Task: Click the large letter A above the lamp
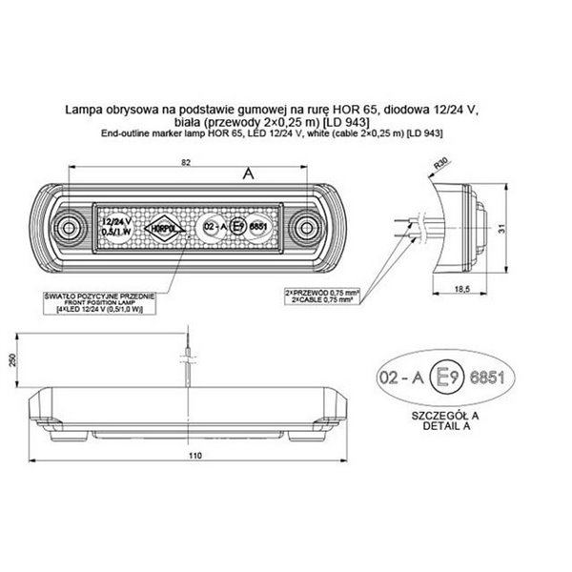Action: [x=248, y=173]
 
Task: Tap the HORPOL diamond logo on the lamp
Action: [x=160, y=227]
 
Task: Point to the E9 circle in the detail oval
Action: [x=445, y=378]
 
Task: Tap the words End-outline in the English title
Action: [x=125, y=134]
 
